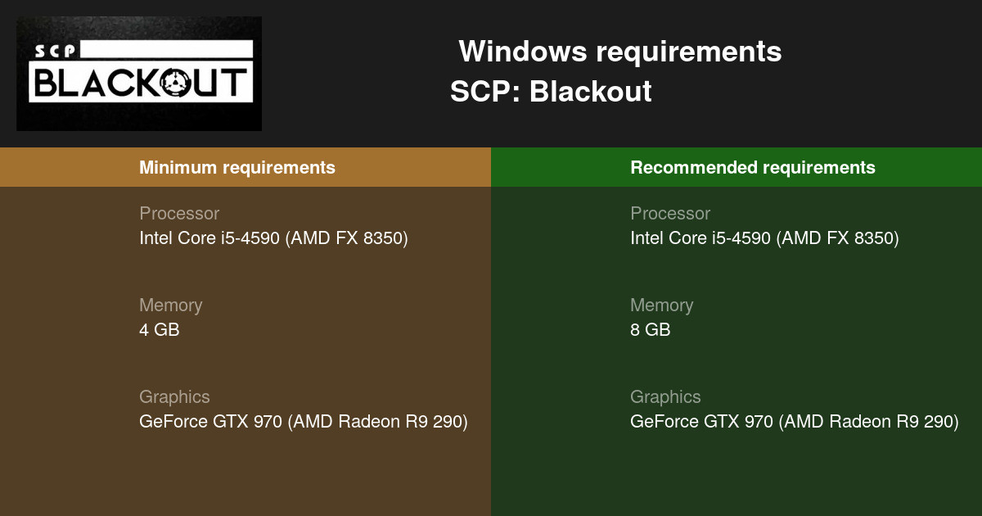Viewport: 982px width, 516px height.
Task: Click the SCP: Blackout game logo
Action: [139, 74]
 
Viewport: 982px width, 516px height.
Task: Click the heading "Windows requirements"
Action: [619, 52]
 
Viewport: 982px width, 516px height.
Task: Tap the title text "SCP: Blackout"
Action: [551, 92]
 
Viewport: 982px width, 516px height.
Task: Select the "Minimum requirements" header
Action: [237, 168]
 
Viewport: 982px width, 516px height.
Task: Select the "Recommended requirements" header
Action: [753, 168]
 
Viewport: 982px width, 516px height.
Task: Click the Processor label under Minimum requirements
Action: [179, 214]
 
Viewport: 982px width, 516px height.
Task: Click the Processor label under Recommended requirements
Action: [670, 214]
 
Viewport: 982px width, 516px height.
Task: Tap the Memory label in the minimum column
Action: [170, 306]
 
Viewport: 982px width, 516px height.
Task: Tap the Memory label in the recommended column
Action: [661, 306]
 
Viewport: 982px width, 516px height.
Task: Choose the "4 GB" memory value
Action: [159, 330]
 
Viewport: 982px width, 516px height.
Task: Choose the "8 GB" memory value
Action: [650, 330]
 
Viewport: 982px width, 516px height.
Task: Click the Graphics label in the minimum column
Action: [174, 397]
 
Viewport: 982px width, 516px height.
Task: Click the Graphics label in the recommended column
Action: [665, 397]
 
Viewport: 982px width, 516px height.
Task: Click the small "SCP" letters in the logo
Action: [55, 51]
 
